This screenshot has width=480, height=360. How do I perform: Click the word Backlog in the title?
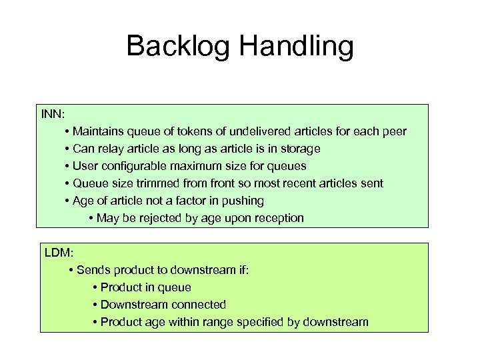(x=176, y=46)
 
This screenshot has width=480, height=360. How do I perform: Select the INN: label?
(x=53, y=113)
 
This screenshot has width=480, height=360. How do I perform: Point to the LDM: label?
(x=59, y=253)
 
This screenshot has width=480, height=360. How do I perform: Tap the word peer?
(x=393, y=131)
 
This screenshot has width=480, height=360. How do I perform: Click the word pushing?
(x=243, y=201)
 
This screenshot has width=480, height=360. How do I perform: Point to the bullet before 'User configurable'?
(x=68, y=166)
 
